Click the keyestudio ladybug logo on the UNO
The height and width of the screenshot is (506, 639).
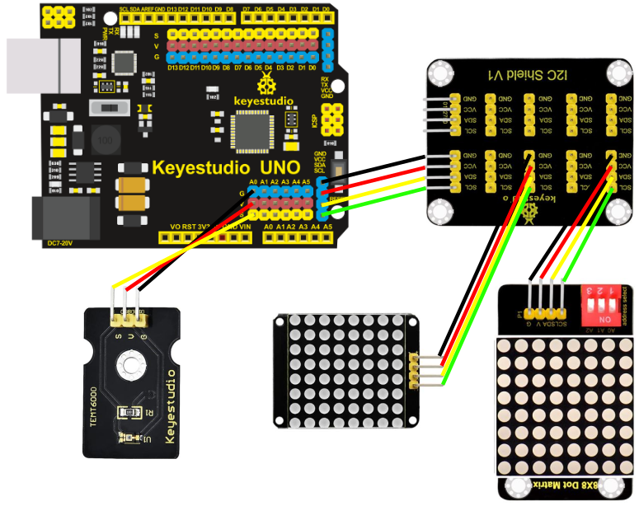click(266, 83)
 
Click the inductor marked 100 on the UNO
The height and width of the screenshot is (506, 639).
click(104, 140)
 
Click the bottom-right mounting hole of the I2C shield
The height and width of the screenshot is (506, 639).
click(613, 213)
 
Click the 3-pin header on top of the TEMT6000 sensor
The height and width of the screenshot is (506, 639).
click(126, 318)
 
